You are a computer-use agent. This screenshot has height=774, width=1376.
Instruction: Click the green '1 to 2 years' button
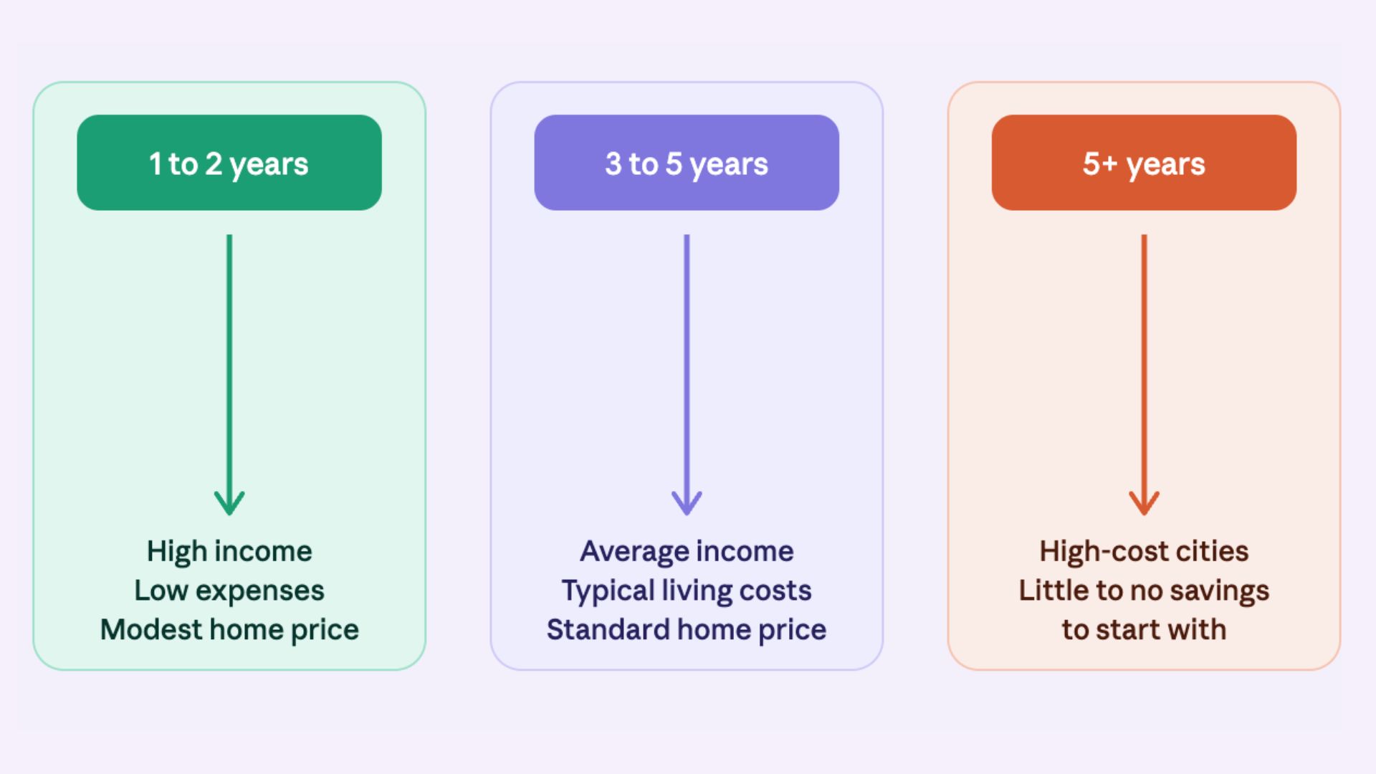pyautogui.click(x=229, y=163)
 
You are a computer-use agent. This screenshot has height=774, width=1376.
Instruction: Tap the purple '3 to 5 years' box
pyautogui.click(x=687, y=163)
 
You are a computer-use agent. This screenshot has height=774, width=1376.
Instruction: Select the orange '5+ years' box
pyautogui.click(x=1144, y=163)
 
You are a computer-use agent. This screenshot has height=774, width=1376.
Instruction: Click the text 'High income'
pyautogui.click(x=229, y=551)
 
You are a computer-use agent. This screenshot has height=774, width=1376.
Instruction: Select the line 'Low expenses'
pyautogui.click(x=229, y=591)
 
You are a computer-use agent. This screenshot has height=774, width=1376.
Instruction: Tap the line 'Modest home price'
pyautogui.click(x=229, y=629)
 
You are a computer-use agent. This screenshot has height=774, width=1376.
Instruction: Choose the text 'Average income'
pyautogui.click(x=687, y=551)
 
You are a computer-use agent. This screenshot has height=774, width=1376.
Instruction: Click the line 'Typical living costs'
pyautogui.click(x=687, y=591)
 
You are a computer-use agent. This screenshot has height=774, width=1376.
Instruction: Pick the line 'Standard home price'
pyautogui.click(x=687, y=629)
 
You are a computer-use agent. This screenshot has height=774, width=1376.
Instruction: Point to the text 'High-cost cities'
pyautogui.click(x=1144, y=551)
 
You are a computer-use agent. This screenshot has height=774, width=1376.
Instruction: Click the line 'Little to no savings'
pyautogui.click(x=1144, y=591)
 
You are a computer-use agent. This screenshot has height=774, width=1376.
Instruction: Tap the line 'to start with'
pyautogui.click(x=1144, y=629)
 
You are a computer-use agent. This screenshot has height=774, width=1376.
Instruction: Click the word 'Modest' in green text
pyautogui.click(x=151, y=629)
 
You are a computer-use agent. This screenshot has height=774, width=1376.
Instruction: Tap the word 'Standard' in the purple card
pyautogui.click(x=608, y=629)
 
